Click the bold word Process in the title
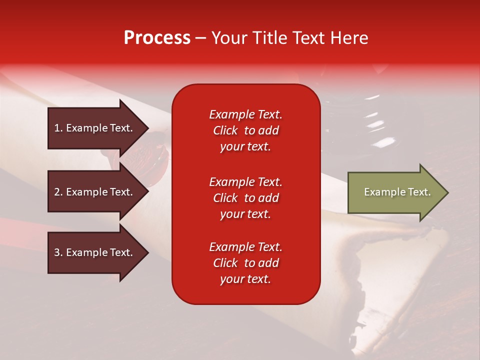157,38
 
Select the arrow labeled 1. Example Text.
95,128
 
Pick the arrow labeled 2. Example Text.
95,192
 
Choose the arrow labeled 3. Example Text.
95,252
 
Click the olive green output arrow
395,192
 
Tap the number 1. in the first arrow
58,128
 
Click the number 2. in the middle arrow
58,192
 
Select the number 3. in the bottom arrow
58,252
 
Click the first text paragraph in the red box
245,130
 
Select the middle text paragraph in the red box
245,198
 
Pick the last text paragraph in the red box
245,263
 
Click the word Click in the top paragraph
225,130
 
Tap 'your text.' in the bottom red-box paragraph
245,279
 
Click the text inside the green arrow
397,192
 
